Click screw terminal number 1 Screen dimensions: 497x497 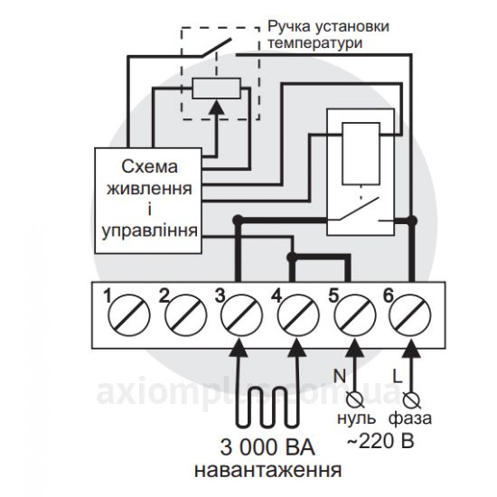(x=128, y=315)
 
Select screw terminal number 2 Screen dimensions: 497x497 (x=186, y=315)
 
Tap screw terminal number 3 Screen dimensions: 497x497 (x=242, y=315)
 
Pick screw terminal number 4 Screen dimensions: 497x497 (x=298, y=315)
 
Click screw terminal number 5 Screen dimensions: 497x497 (x=355, y=315)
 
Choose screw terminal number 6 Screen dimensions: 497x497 (x=410, y=315)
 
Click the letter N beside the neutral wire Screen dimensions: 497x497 (x=339, y=376)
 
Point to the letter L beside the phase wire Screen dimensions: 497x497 (x=398, y=376)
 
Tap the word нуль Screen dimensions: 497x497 (x=356, y=418)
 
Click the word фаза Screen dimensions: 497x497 (x=410, y=418)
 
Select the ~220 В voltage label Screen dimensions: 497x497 (x=380, y=441)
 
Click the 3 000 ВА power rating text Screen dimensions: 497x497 (x=267, y=447)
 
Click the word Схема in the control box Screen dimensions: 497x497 (x=149, y=167)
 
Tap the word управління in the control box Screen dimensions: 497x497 (x=150, y=231)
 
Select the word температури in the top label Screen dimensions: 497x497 (x=315, y=43)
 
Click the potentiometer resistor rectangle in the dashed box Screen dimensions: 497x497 (x=217, y=89)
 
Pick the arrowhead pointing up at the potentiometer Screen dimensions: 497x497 (x=217, y=108)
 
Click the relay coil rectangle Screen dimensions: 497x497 (x=361, y=154)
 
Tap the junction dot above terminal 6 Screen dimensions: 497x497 (x=412, y=220)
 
